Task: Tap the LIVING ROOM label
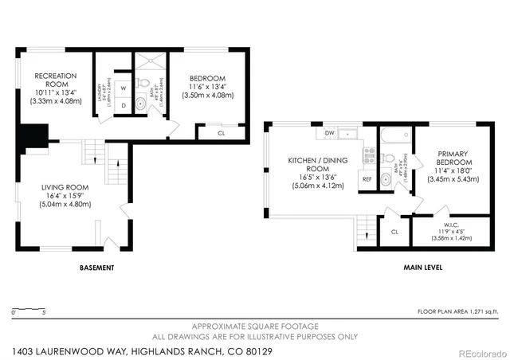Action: (67, 196)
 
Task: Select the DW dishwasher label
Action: (329, 132)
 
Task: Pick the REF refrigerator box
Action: (367, 179)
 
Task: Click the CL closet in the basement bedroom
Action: (221, 133)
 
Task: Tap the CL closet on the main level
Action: (394, 232)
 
